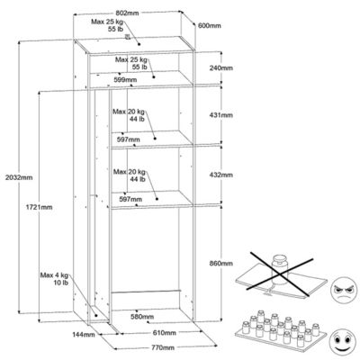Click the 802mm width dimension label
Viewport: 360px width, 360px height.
[x=127, y=13]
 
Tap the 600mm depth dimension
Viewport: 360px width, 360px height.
[x=210, y=26]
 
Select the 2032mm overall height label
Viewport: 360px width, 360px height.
[x=19, y=177]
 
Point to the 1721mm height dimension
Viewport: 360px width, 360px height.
[x=39, y=207]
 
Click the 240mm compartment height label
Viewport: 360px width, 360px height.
[x=221, y=67]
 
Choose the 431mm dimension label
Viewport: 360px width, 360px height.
[x=221, y=115]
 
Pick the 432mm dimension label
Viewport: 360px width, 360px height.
[x=221, y=175]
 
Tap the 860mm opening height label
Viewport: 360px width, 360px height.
[x=221, y=264]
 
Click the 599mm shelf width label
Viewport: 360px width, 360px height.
[x=125, y=80]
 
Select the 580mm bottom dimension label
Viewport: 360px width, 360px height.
[x=142, y=317]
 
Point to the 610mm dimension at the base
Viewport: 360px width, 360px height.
[x=165, y=332]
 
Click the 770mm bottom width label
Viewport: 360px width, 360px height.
[x=163, y=347]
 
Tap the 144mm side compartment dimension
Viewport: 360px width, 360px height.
[x=84, y=334]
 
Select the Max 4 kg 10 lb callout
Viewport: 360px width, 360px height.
[x=54, y=279]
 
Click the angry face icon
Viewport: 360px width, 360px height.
[x=343, y=291]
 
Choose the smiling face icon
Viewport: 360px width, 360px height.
[x=343, y=340]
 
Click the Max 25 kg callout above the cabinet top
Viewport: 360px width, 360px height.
[x=107, y=25]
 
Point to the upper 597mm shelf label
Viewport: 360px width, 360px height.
[x=128, y=139]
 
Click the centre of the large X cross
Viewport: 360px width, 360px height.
[x=280, y=274]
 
